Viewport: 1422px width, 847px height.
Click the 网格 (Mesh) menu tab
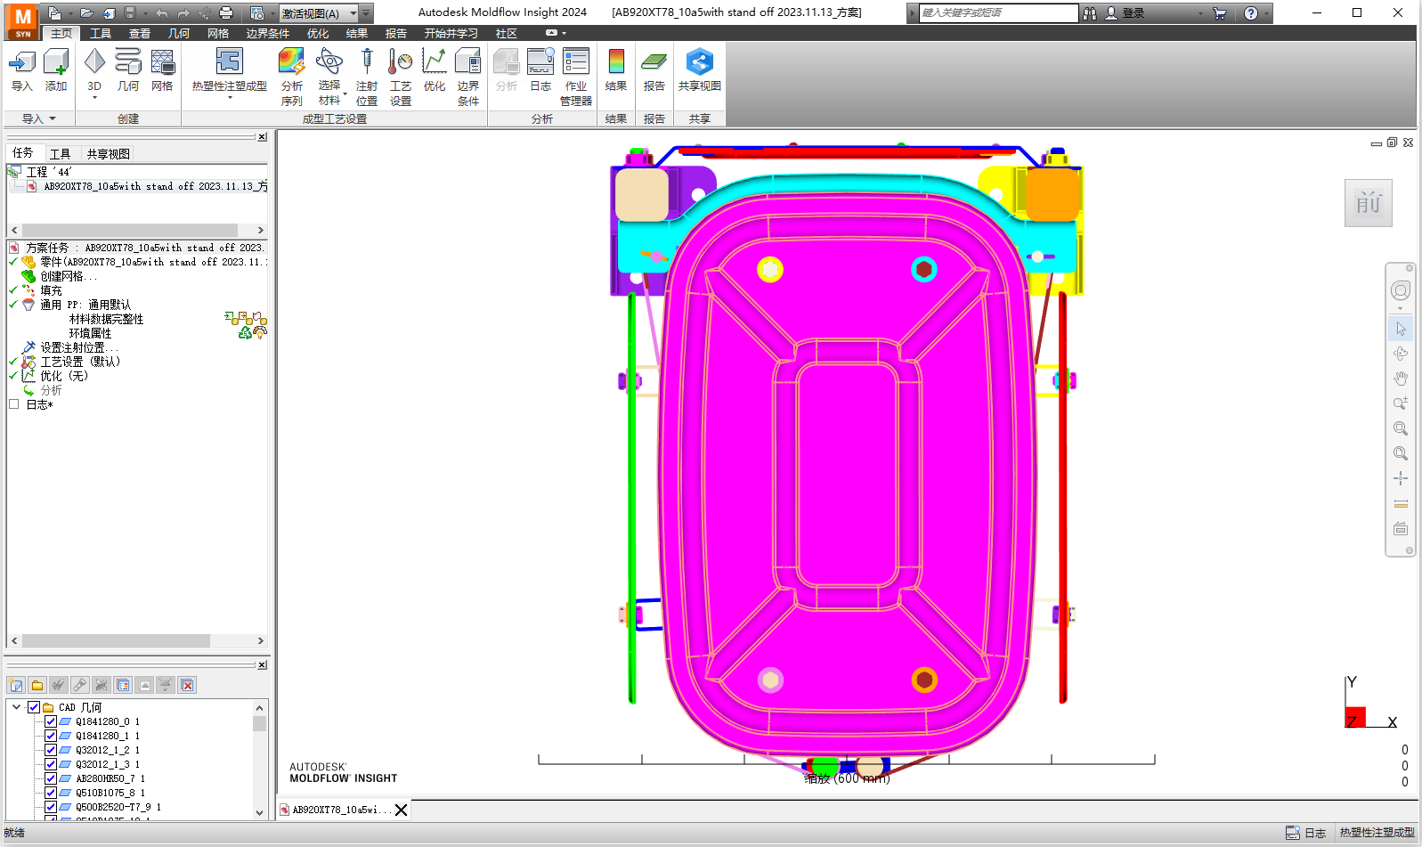(x=218, y=33)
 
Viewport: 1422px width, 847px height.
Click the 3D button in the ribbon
(x=94, y=70)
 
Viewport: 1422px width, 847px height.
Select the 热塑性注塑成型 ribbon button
(x=229, y=70)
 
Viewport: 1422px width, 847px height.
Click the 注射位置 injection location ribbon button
(x=366, y=77)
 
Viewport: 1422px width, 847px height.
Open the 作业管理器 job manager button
(x=576, y=77)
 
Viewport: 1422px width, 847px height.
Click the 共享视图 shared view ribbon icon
(x=699, y=70)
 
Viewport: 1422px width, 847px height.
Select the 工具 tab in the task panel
(x=60, y=154)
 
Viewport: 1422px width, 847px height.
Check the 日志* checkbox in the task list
(x=13, y=404)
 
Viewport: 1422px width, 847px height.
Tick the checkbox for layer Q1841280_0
(x=51, y=721)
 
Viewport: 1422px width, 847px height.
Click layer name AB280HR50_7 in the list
(x=105, y=778)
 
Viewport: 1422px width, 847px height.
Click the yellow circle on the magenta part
(x=769, y=269)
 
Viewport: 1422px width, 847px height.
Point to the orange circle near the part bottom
(x=924, y=680)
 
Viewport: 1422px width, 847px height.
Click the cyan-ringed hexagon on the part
(x=923, y=269)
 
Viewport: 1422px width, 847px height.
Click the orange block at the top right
(x=1052, y=192)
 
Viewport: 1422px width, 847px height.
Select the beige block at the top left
(x=641, y=194)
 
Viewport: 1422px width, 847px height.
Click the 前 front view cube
(x=1368, y=203)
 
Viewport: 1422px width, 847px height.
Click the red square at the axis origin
(x=1355, y=717)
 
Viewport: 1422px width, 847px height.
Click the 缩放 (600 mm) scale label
(x=846, y=778)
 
